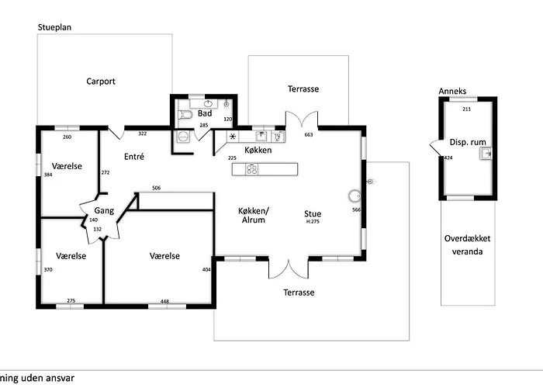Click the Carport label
[x=101, y=81]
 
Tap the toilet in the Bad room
[x=184, y=115]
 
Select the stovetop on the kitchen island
[x=252, y=168]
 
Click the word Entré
[x=133, y=156]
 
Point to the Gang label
[x=104, y=210]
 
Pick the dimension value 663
[x=308, y=135]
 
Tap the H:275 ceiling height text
[x=313, y=222]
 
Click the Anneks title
[x=452, y=91]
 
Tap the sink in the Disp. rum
[x=486, y=154]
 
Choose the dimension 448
[x=164, y=300]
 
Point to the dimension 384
[x=47, y=175]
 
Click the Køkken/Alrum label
[x=254, y=215]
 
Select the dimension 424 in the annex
[x=448, y=158]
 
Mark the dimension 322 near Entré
[x=142, y=134]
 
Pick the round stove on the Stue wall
[x=355, y=196]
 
